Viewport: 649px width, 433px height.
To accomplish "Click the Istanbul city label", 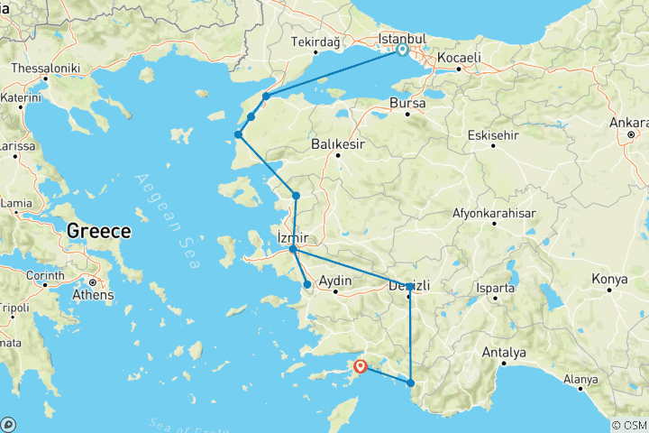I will (x=402, y=40).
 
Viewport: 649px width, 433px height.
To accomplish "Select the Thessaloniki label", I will (x=45, y=69).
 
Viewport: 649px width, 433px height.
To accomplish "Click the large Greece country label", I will (x=99, y=230).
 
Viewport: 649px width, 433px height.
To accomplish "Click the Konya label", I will (x=608, y=280).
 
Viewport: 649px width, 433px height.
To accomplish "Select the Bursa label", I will (x=407, y=104).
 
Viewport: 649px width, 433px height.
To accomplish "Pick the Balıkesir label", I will (x=338, y=143).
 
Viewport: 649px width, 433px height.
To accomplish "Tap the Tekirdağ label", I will (x=315, y=42).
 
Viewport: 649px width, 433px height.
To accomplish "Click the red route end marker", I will (x=361, y=366).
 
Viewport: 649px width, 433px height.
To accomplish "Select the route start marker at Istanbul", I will (x=402, y=51).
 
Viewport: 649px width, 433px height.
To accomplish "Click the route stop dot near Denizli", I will (x=410, y=287).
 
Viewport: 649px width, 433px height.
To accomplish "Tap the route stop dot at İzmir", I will (x=293, y=249).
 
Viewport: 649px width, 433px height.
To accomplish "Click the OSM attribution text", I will (x=628, y=425).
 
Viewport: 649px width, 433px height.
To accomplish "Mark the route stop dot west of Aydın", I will (x=307, y=285).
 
